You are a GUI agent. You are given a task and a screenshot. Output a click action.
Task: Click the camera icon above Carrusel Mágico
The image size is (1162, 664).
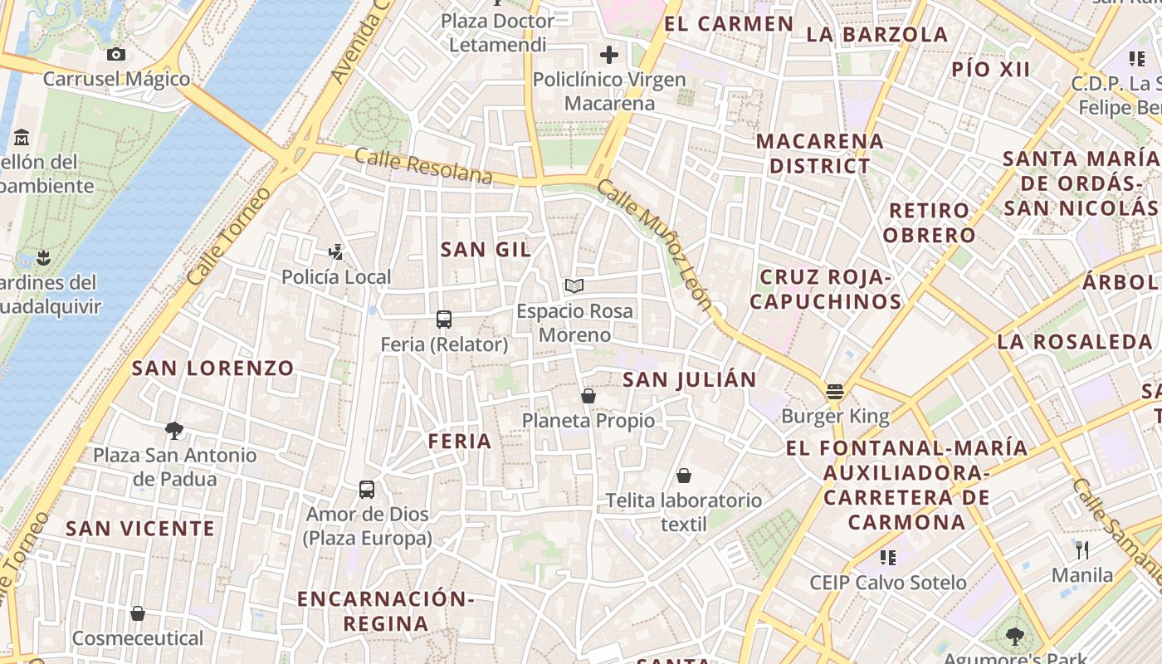(116, 55)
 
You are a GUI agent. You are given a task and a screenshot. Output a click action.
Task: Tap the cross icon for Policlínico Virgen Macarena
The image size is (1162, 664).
(609, 56)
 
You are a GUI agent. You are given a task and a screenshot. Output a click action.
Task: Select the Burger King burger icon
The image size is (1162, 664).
(835, 392)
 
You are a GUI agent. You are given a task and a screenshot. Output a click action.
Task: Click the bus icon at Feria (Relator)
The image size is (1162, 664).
(444, 320)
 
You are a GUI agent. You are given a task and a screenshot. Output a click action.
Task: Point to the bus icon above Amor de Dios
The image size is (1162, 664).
(367, 490)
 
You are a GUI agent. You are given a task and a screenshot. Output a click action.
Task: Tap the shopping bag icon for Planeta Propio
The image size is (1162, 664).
(588, 396)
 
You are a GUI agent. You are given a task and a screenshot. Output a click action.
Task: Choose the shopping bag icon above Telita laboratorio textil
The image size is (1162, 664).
(684, 476)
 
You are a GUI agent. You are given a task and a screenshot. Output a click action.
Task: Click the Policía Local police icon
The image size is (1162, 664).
(336, 251)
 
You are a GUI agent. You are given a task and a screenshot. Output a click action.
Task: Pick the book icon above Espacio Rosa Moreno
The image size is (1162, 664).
(574, 286)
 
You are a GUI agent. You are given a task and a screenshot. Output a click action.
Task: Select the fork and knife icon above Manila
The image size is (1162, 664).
(1082, 549)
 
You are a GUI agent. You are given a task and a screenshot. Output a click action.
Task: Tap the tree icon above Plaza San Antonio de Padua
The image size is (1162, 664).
(174, 430)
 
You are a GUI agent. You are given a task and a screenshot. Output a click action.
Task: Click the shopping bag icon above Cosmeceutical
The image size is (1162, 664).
(138, 613)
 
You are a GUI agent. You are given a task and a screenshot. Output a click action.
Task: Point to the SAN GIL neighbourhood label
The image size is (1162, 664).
(486, 249)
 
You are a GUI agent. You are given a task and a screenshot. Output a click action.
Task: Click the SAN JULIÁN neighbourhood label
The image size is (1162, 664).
(689, 380)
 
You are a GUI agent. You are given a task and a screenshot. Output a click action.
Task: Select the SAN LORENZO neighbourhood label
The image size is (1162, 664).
(212, 368)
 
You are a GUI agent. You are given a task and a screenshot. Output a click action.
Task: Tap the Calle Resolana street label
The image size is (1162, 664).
(423, 166)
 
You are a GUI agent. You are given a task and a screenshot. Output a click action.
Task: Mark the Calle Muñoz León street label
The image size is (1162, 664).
(655, 245)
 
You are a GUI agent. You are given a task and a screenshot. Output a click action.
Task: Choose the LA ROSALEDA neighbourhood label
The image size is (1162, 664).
(1074, 341)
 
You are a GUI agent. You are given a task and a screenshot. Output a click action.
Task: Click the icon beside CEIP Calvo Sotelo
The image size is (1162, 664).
(888, 557)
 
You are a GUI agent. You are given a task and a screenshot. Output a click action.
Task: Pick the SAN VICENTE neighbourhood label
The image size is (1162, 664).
(140, 529)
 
